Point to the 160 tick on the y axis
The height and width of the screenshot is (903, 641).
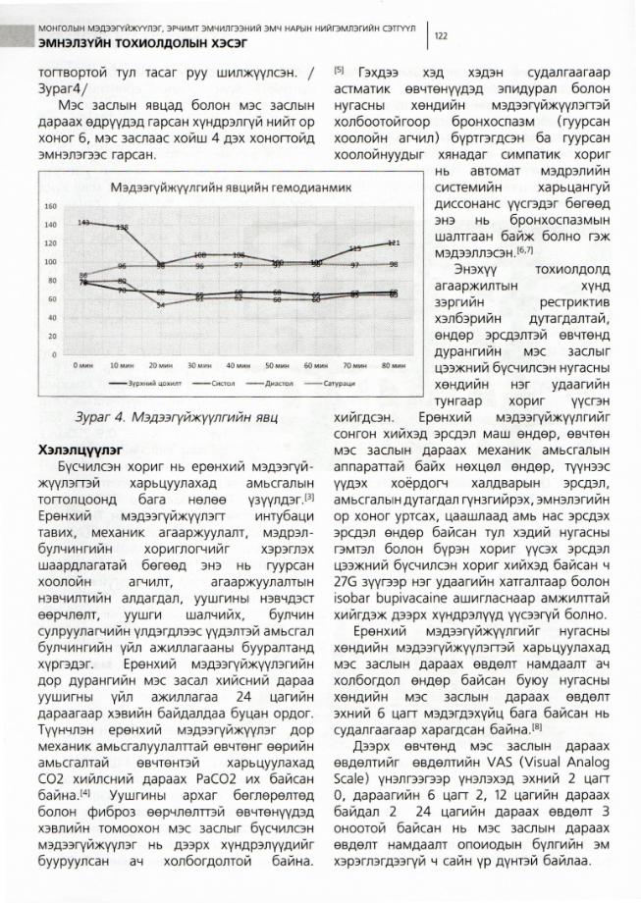click(x=49, y=207)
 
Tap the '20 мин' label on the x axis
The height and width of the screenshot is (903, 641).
click(x=159, y=364)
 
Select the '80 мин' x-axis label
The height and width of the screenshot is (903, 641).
click(x=393, y=364)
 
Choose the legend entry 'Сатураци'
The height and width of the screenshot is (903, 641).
click(x=346, y=383)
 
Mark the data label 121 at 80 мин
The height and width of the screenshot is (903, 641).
click(x=393, y=242)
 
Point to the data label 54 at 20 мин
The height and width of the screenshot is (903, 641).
click(x=160, y=305)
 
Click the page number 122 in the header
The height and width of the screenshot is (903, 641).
click(x=442, y=36)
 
